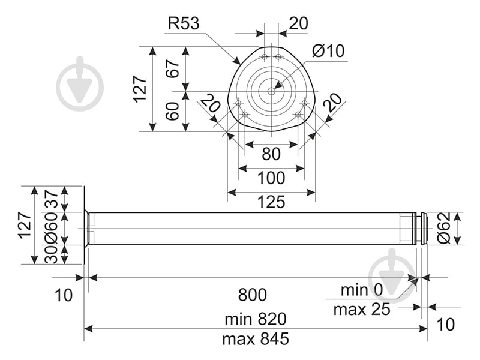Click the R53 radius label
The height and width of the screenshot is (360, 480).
coord(183,23)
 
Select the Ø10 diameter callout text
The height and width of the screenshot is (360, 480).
coord(328,51)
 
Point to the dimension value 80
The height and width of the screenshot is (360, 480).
coord(271,154)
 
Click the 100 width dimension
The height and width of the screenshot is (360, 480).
coord(271,178)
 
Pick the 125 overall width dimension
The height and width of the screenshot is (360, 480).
coord(271,202)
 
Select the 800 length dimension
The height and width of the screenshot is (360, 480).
coord(252,295)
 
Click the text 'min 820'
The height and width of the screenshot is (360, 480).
coord(255,318)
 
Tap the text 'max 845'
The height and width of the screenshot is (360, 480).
coord(255,339)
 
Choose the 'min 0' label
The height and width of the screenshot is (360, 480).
coord(361,290)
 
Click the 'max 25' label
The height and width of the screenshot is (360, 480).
coord(361,310)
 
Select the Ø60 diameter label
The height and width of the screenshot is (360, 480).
coord(51,229)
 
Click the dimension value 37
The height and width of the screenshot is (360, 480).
coord(51,199)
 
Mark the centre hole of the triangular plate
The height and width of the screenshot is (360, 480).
coord(271,91)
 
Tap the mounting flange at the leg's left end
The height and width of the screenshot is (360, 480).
coord(87,229)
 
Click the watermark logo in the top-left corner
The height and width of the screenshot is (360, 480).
coord(80,84)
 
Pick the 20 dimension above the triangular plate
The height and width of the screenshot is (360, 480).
coord(298,23)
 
